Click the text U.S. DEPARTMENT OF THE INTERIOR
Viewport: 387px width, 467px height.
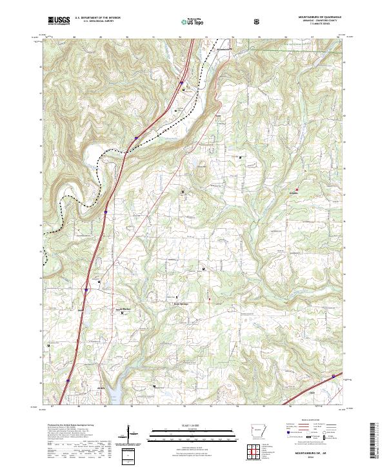97,18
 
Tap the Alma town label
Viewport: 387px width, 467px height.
100,388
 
